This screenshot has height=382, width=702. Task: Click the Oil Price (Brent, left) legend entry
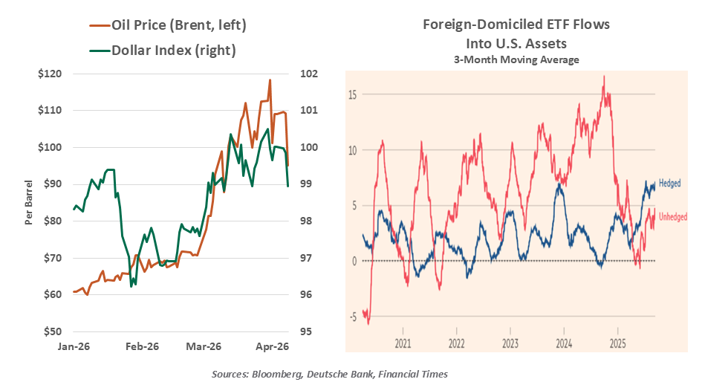178,25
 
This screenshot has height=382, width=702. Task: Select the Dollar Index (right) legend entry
173,51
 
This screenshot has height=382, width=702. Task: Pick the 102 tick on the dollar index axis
310,74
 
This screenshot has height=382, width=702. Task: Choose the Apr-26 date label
272,346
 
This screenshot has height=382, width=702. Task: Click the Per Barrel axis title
28,202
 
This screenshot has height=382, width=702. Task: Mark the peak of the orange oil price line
270,80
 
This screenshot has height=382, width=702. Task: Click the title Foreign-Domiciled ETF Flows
516,25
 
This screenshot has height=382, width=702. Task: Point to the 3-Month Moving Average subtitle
516,59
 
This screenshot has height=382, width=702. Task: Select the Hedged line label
669,183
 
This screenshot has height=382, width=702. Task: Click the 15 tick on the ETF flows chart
353,94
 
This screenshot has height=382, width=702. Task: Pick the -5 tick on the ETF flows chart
353,317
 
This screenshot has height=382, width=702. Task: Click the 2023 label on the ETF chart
510,345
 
